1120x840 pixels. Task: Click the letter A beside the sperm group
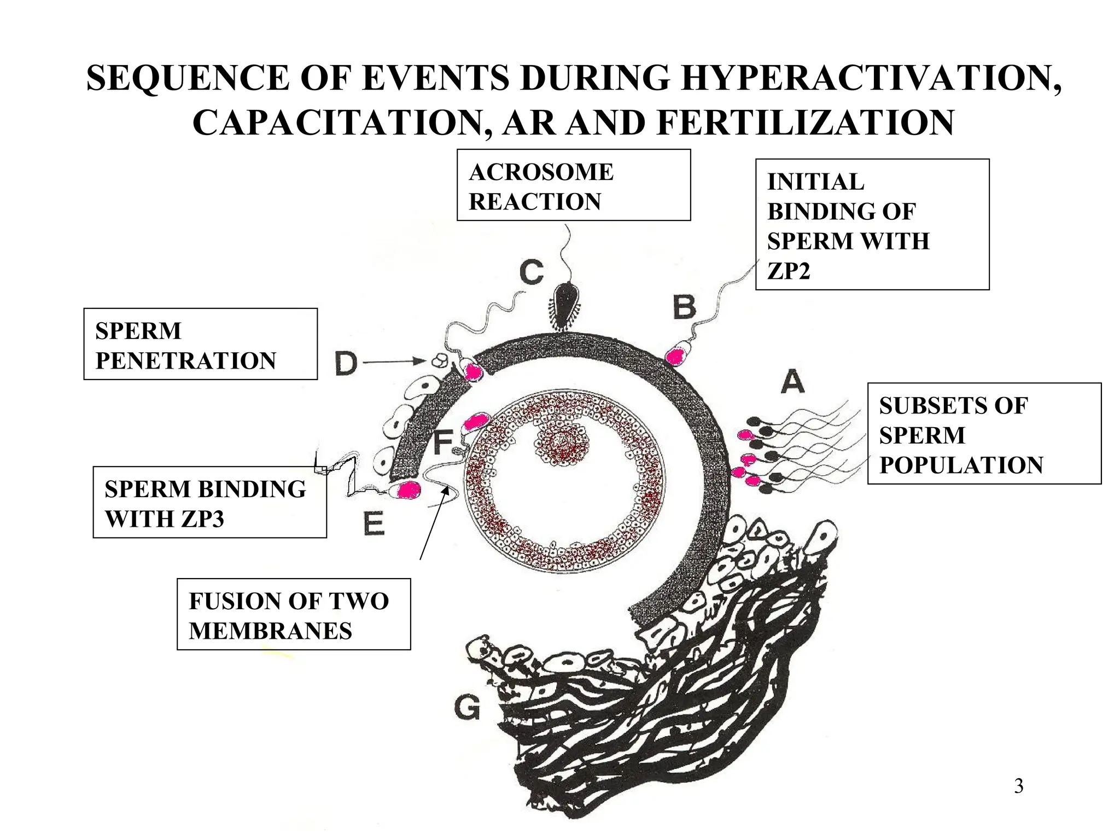[792, 382]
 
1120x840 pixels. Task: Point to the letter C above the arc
[532, 272]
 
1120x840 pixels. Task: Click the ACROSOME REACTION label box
[574, 185]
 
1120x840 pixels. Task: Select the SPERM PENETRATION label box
[200, 344]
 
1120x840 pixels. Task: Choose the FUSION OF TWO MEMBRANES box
[294, 614]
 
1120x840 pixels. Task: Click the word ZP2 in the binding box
[788, 271]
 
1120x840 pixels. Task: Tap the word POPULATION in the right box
[961, 465]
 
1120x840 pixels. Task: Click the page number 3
[1018, 786]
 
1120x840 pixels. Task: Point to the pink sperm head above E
[407, 490]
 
